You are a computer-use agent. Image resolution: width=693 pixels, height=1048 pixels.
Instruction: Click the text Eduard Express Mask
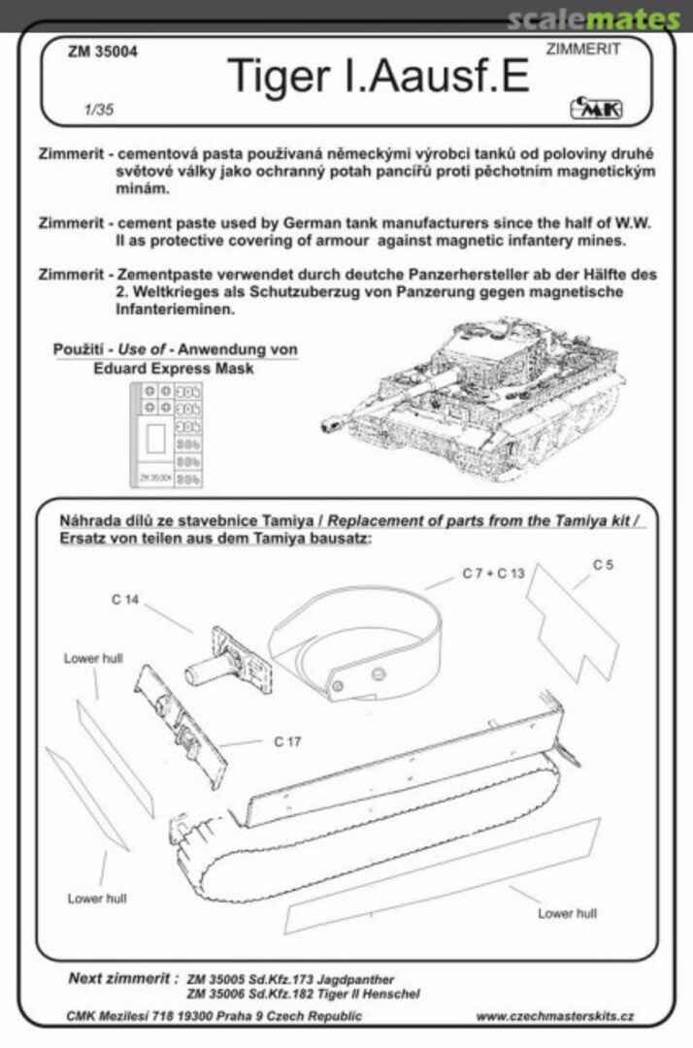[175, 369]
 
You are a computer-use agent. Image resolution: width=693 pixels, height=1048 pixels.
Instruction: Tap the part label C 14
[125, 600]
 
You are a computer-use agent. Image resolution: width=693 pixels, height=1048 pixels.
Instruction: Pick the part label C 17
[286, 741]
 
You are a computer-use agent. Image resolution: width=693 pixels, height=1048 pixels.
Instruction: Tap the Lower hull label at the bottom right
[568, 913]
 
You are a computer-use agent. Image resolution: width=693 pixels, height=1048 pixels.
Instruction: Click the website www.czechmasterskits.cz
[556, 1016]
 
